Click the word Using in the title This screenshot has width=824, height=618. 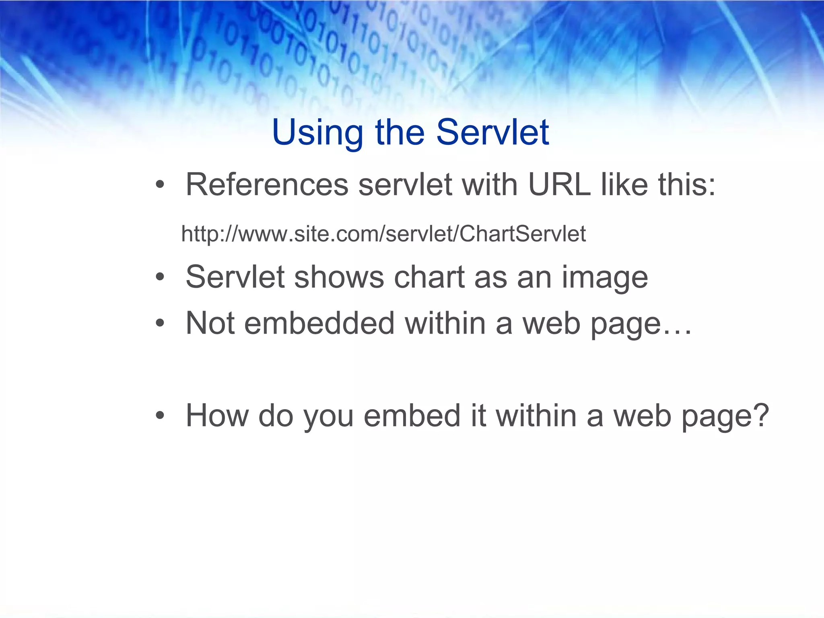pos(317,133)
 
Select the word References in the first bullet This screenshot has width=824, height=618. pos(267,185)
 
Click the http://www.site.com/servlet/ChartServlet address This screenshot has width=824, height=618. pos(383,234)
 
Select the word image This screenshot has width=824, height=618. pos(604,278)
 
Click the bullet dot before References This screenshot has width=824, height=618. pos(160,185)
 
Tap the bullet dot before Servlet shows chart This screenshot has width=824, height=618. pos(160,278)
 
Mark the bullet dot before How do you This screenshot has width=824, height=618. pos(160,416)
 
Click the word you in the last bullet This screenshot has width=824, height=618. pos(328,416)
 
